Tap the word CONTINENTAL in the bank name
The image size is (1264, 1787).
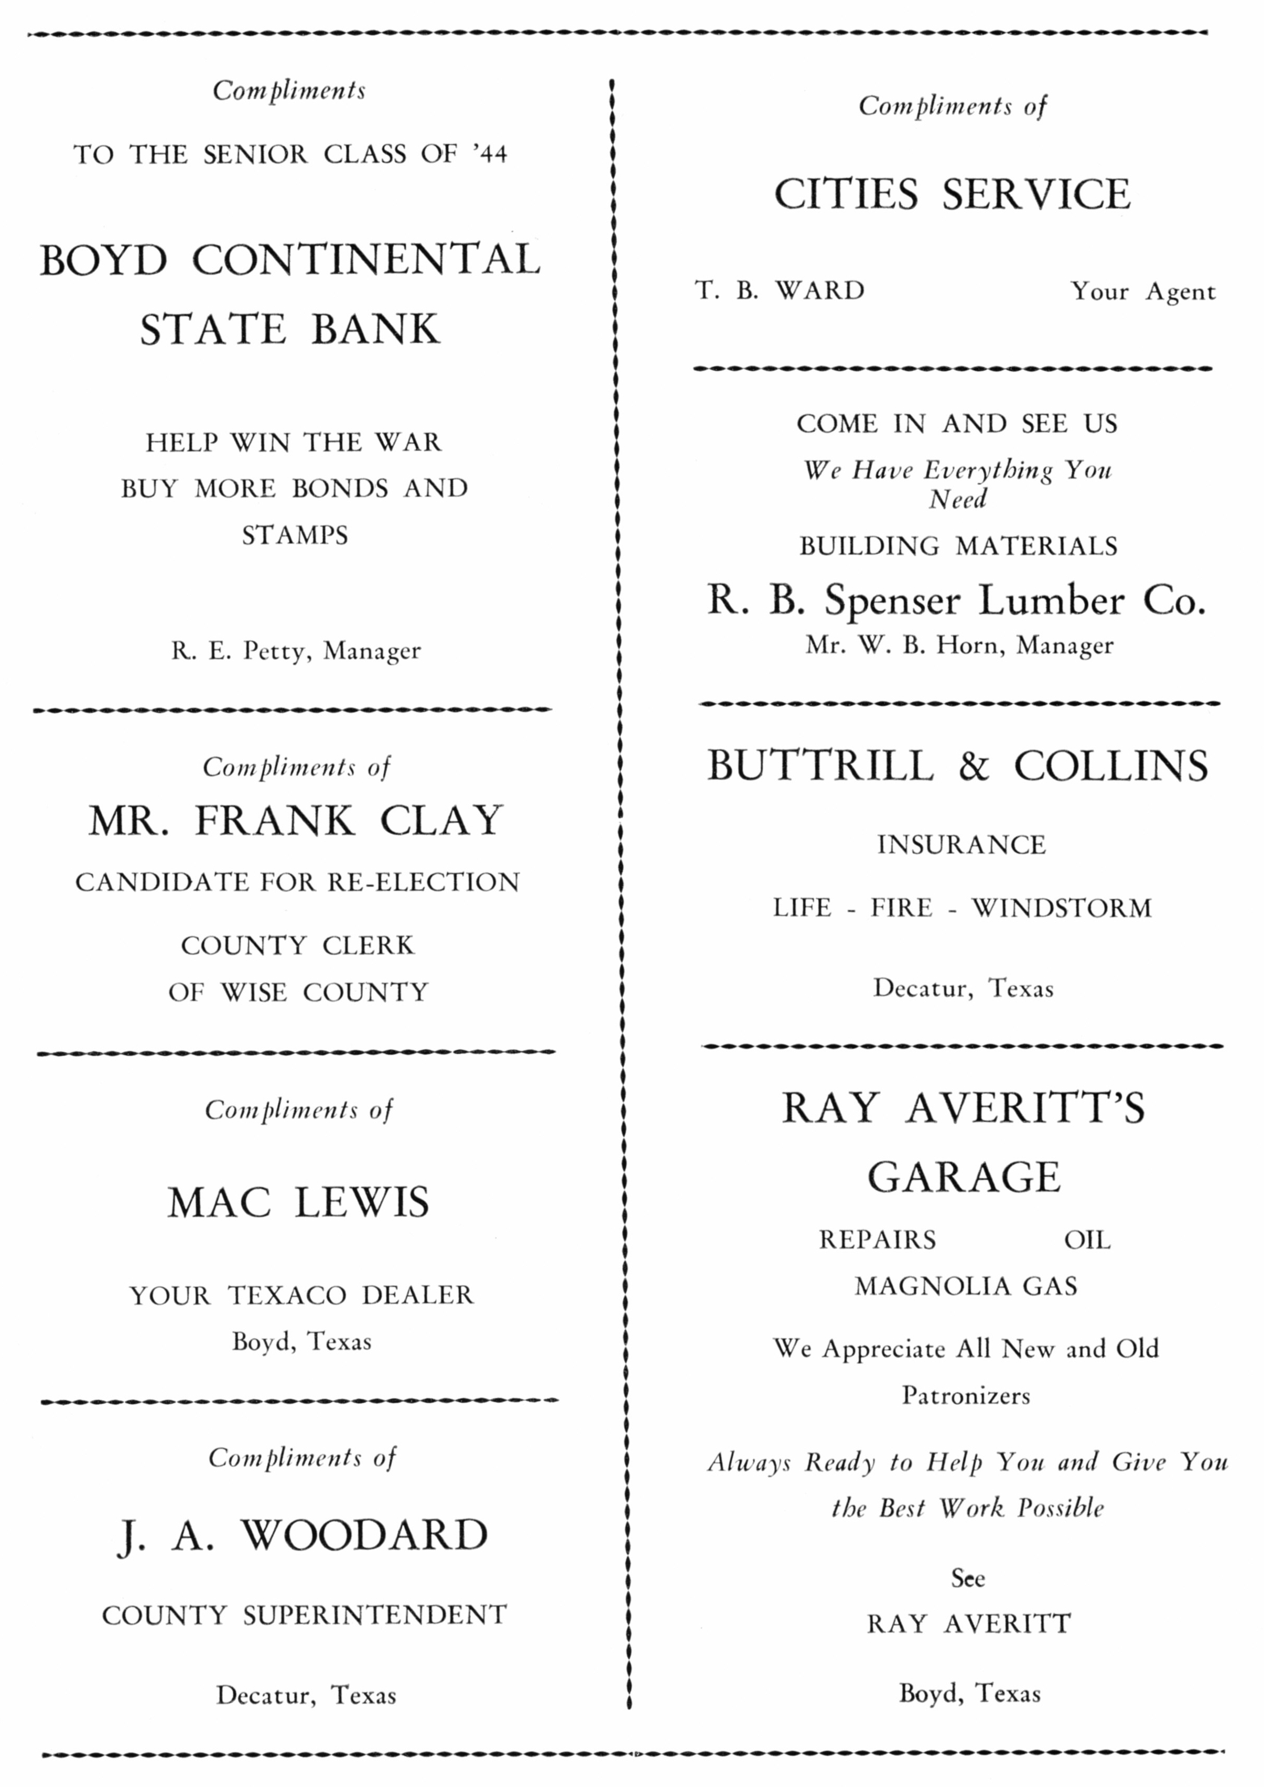366,260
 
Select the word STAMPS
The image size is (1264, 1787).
295,535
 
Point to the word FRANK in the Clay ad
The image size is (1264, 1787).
275,820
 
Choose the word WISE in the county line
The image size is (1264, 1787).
254,993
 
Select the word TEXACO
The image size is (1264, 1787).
287,1296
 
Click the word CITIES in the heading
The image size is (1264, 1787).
846,194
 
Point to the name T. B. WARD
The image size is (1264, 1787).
780,290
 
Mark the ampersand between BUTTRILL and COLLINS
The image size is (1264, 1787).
973,766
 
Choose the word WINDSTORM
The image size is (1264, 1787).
1062,908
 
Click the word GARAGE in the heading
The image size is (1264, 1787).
964,1177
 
